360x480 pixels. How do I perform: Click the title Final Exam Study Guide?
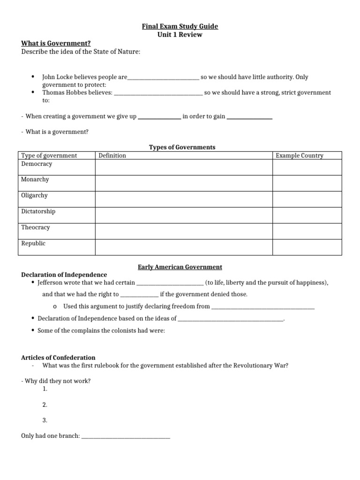pyautogui.click(x=180, y=26)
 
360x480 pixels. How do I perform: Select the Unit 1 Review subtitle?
pyautogui.click(x=180, y=35)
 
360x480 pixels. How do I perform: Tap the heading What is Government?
pyautogui.click(x=56, y=43)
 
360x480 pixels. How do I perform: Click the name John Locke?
pyautogui.click(x=57, y=77)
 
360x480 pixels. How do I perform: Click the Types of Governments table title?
pyautogui.click(x=182, y=147)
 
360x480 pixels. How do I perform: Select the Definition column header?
pyautogui.click(x=112, y=156)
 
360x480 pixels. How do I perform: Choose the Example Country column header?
pyautogui.click(x=299, y=156)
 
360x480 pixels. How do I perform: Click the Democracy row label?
pyautogui.click(x=37, y=164)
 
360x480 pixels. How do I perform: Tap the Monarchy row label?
pyautogui.click(x=35, y=180)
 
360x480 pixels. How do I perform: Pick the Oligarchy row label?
pyautogui.click(x=34, y=195)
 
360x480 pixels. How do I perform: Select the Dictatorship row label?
pyautogui.click(x=38, y=211)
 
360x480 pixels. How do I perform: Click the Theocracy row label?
pyautogui.click(x=36, y=227)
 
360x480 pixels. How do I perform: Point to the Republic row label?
pyautogui.click(x=33, y=243)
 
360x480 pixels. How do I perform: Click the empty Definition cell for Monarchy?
pyautogui.click(x=184, y=183)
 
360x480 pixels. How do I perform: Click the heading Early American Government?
pyautogui.click(x=180, y=267)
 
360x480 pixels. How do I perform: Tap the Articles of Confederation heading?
pyautogui.click(x=58, y=358)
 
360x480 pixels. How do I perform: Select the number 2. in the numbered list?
pyautogui.click(x=45, y=405)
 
